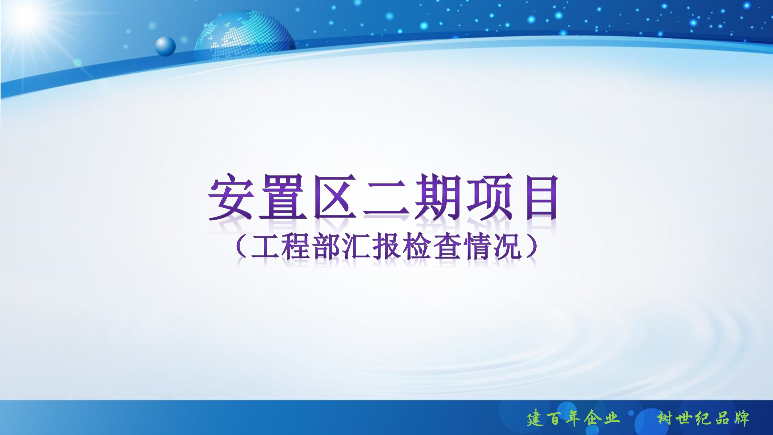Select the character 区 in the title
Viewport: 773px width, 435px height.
335,197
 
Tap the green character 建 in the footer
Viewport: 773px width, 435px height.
535,419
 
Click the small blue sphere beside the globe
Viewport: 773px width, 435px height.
165,46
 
